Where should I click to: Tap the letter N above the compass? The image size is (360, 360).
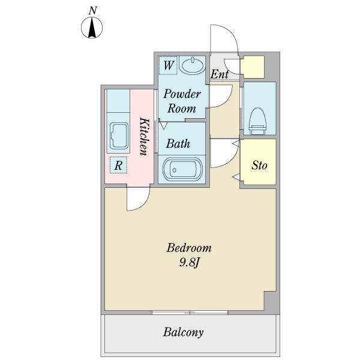point(92,10)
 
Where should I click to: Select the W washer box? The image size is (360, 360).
point(168,65)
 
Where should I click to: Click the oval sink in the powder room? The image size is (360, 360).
point(193,65)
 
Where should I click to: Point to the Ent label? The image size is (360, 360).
point(220,74)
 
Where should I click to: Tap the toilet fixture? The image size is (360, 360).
point(257,118)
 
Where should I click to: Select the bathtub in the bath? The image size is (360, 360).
point(182,169)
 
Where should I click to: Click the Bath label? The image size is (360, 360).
point(178,143)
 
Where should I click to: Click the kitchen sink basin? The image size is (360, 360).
point(118,137)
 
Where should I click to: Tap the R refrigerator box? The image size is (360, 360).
point(118,164)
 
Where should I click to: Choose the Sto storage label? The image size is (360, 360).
point(259,164)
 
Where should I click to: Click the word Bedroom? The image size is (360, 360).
point(189,248)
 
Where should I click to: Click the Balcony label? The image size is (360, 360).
point(184,332)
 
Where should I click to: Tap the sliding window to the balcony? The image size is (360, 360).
point(190,313)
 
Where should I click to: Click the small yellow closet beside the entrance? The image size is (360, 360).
point(253,67)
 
